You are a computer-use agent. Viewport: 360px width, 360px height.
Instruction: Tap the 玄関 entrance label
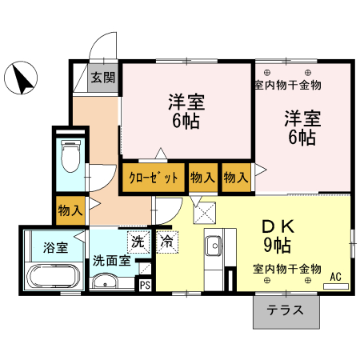tap(102, 78)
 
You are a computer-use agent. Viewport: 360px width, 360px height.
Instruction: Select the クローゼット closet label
tap(152, 178)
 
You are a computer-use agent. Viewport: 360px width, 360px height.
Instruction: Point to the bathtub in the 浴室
tap(52, 276)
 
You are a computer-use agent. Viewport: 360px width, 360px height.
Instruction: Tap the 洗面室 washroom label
tap(110, 260)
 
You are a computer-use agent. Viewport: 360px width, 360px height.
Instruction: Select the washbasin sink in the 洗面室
tap(105, 281)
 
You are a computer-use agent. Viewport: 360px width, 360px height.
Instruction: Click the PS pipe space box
tap(145, 283)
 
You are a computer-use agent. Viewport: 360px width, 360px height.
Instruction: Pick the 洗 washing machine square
tap(138, 241)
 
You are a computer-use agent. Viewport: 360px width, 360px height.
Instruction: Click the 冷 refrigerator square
tap(167, 241)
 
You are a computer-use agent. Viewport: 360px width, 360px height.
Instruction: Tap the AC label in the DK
tap(335, 277)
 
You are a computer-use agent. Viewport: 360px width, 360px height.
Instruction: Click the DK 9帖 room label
tap(276, 234)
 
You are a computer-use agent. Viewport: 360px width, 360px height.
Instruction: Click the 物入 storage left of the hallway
tap(70, 210)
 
